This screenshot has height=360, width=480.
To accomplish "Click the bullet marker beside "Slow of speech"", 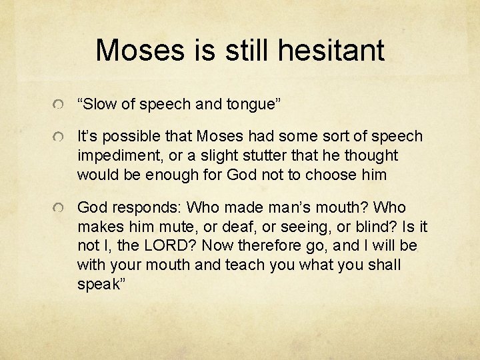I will (x=59, y=105).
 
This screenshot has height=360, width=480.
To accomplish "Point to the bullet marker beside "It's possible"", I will (x=59, y=137).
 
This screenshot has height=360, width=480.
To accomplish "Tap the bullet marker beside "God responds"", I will (x=59, y=209).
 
